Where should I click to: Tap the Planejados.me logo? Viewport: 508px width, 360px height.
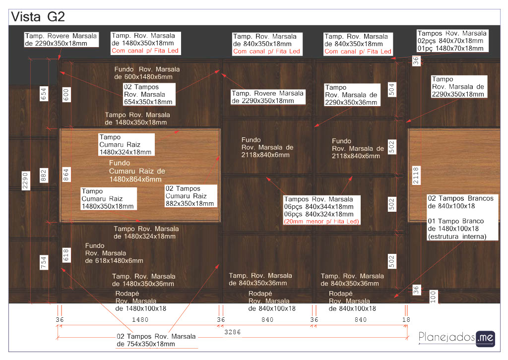(x=457, y=338)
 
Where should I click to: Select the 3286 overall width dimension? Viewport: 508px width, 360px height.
(x=232, y=332)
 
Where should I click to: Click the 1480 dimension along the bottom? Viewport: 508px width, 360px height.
(x=139, y=320)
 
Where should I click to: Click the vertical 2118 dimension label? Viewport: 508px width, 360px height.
(x=416, y=176)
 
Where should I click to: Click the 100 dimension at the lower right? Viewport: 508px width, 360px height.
(x=433, y=297)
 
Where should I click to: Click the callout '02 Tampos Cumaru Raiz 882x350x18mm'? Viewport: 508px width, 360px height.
(x=191, y=196)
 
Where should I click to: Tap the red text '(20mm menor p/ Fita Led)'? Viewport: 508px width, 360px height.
(x=321, y=221)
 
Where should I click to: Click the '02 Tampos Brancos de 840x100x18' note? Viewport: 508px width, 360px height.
(x=460, y=202)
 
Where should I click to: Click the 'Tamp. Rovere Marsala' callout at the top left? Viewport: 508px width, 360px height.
(x=62, y=40)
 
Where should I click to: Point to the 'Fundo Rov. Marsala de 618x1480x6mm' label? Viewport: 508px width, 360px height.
(x=114, y=253)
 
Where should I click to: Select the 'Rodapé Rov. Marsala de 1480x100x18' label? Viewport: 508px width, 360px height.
(x=141, y=301)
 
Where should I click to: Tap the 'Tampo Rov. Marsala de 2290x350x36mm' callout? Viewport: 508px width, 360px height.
(x=351, y=95)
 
